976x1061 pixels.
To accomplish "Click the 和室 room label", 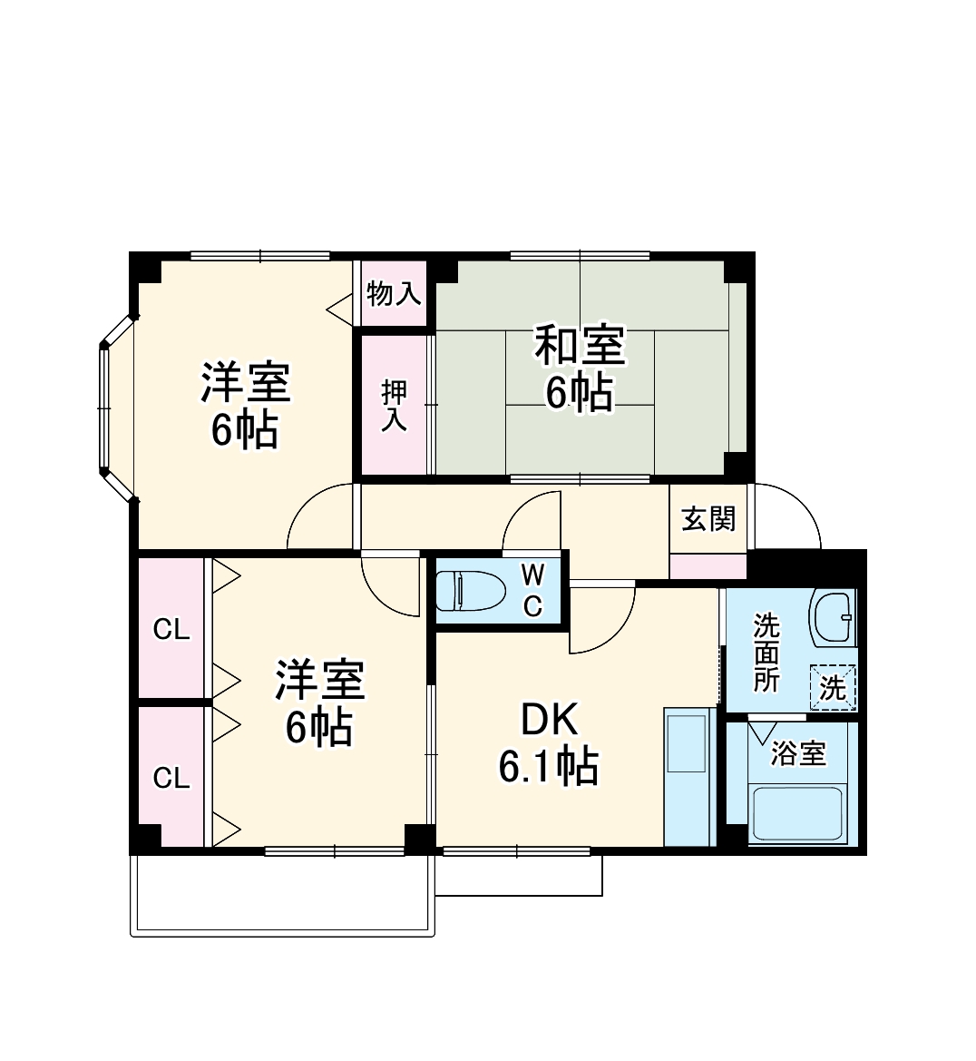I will pyautogui.click(x=579, y=346).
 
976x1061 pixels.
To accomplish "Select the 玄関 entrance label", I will pyautogui.click(x=708, y=519).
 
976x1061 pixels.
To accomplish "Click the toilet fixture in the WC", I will pyautogui.click(x=471, y=591).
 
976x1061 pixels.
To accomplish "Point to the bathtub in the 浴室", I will pyautogui.click(x=799, y=814).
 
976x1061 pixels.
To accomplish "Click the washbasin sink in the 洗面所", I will pyautogui.click(x=834, y=617).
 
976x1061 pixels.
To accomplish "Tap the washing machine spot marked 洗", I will pyautogui.click(x=833, y=688).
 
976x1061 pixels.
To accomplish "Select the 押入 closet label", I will pyautogui.click(x=395, y=405).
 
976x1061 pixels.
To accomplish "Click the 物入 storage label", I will pyautogui.click(x=394, y=293).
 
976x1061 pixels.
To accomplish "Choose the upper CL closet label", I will pyautogui.click(x=171, y=629).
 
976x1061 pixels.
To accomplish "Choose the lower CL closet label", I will pyautogui.click(x=171, y=778).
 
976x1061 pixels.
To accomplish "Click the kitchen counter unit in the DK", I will pyautogui.click(x=689, y=776).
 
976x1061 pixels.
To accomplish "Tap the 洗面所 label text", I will pyautogui.click(x=766, y=653).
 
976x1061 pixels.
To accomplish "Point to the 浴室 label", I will pyautogui.click(x=798, y=752).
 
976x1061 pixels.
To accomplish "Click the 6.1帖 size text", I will pyautogui.click(x=548, y=768).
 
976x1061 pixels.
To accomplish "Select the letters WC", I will pyautogui.click(x=533, y=590).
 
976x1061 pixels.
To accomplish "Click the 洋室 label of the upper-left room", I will pyautogui.click(x=245, y=382).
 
